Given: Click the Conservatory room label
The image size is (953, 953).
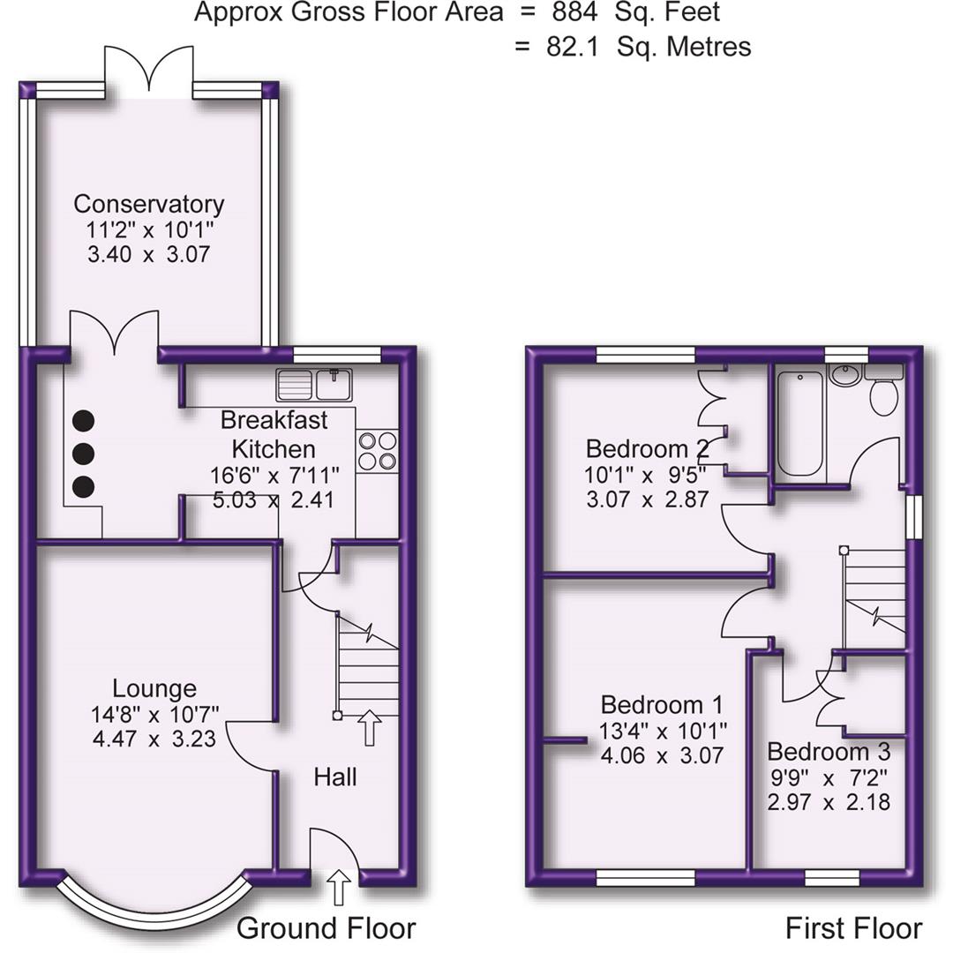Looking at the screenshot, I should click(x=148, y=204).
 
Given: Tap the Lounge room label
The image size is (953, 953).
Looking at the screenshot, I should click(x=154, y=688).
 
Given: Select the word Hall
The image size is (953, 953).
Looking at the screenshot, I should click(x=335, y=777).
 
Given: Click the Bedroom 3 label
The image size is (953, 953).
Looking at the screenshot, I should click(x=828, y=752).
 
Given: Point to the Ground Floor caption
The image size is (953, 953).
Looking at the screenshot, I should click(x=326, y=927).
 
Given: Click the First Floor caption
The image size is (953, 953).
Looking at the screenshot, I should click(x=853, y=927).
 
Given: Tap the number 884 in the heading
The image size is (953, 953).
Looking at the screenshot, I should click(x=574, y=12).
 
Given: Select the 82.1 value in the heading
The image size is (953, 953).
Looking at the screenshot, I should click(x=573, y=46).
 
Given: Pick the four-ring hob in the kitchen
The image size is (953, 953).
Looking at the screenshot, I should click(x=377, y=450).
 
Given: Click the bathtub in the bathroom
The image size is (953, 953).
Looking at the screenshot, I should click(x=801, y=424).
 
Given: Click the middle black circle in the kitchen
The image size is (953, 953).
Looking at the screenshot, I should click(x=83, y=454).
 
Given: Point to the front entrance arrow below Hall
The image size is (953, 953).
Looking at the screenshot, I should click(x=336, y=888).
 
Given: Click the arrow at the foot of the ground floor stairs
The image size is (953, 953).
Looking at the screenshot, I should click(x=369, y=729).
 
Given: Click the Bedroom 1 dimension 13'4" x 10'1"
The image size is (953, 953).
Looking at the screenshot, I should click(x=662, y=731).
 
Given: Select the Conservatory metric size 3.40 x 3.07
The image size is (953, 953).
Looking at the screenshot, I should click(x=148, y=255).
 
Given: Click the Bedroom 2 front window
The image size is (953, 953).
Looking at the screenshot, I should click(x=645, y=356).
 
